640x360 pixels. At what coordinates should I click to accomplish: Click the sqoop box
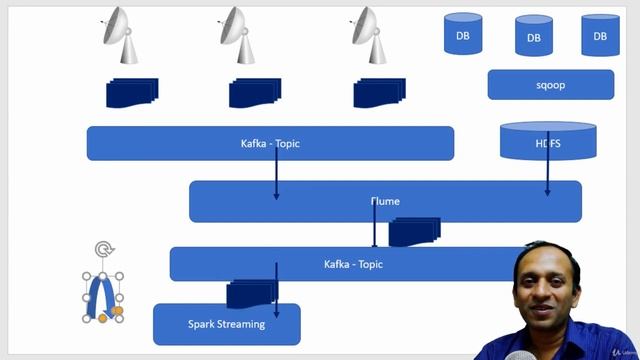coord(550,85)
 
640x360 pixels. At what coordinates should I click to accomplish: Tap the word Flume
coord(385,201)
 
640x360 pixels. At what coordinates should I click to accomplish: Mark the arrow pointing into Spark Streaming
coord(277,295)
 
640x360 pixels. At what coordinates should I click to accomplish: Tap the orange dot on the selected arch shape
coord(117,311)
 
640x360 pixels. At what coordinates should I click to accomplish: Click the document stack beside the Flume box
coord(414,232)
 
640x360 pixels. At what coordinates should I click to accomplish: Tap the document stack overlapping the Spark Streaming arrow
coord(250,294)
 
